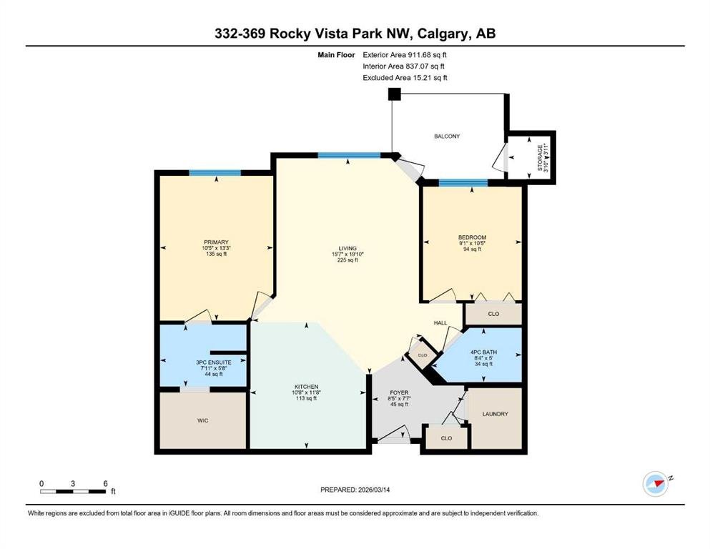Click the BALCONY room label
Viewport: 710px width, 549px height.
(447, 136)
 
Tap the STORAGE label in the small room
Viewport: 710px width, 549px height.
(540, 158)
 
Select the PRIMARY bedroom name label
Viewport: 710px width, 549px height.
(216, 242)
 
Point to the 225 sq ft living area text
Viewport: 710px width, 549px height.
(347, 260)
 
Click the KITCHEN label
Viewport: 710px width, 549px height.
(307, 387)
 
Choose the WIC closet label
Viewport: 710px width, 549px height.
(203, 420)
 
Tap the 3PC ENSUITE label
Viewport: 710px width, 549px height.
(214, 362)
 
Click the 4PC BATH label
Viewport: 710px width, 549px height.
(483, 352)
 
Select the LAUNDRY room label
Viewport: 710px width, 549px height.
(495, 414)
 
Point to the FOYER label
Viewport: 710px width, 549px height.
(399, 392)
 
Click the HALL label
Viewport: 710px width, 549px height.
(440, 322)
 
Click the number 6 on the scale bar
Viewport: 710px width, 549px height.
(106, 483)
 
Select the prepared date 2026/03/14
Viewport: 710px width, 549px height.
(373, 490)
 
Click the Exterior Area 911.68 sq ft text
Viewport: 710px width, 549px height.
(405, 55)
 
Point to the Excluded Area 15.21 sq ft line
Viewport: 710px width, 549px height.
(405, 77)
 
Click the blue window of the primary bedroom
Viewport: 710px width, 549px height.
(215, 173)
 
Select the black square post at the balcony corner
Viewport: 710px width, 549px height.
(395, 94)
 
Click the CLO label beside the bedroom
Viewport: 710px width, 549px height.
(493, 314)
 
